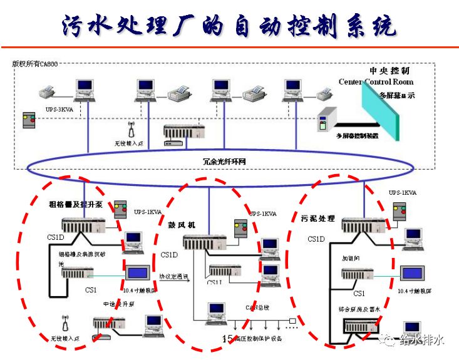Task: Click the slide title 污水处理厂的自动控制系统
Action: [x=229, y=26]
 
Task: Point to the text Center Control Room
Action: [x=376, y=82]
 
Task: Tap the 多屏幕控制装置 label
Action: [x=358, y=136]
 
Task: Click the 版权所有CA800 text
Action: [x=35, y=64]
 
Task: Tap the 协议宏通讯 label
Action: [x=173, y=275]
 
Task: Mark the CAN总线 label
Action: [x=256, y=307]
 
